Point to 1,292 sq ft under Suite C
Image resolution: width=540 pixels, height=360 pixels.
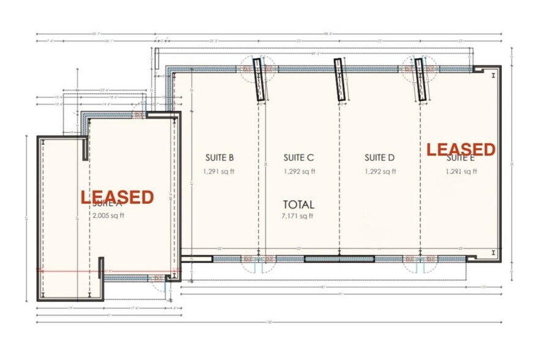click(299, 172)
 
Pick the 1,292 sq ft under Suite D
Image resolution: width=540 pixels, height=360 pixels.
click(380, 172)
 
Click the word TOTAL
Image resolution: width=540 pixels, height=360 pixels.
click(298, 204)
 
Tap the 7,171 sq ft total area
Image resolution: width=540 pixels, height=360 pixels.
click(298, 216)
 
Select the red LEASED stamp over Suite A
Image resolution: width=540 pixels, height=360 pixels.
click(117, 197)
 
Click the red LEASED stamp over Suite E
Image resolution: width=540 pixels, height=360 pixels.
click(460, 149)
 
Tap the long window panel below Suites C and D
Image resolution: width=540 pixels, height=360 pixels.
click(339, 259)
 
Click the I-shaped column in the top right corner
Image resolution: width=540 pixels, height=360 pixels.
click(493, 75)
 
